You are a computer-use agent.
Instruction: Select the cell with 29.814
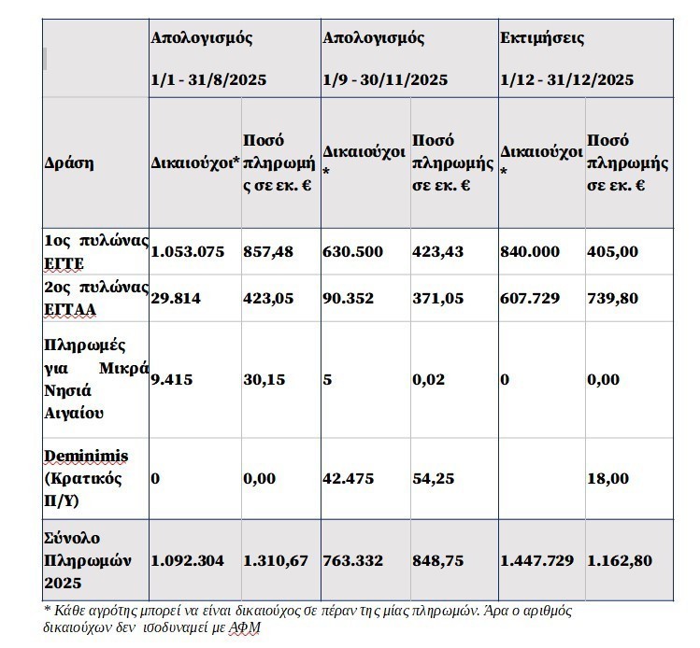tap(175, 298)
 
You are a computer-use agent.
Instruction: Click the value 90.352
tap(348, 298)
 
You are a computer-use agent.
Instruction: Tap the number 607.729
tap(530, 298)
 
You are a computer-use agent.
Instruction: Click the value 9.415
tap(170, 380)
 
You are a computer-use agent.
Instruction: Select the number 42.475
tap(348, 479)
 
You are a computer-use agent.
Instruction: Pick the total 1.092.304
tap(187, 561)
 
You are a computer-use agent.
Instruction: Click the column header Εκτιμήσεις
tap(542, 39)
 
